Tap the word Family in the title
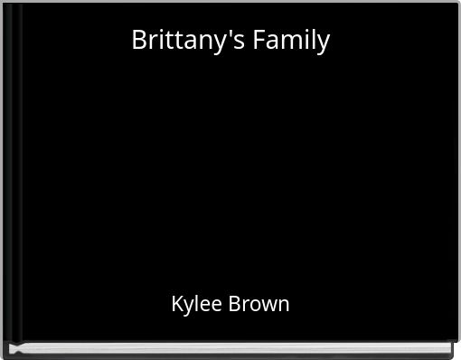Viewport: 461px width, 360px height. [x=291, y=40]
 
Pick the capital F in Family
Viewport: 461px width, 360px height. [x=259, y=40]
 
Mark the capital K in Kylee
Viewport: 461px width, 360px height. [x=177, y=304]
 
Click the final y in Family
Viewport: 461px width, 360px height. [x=323, y=43]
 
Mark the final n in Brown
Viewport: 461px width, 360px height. [x=284, y=305]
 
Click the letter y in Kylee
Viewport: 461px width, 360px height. [x=190, y=307]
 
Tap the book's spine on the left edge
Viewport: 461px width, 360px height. [x=12, y=172]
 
